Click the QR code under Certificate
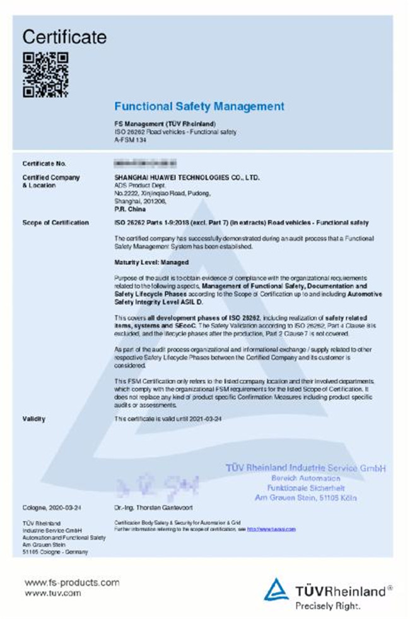pyautogui.click(x=45, y=75)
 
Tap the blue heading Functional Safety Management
pyautogui.click(x=199, y=106)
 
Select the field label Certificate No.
pyautogui.click(x=44, y=164)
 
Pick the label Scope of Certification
pyautogui.click(x=56, y=223)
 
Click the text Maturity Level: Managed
pyautogui.click(x=151, y=261)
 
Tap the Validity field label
pyautogui.click(x=33, y=419)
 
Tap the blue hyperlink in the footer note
pyautogui.click(x=271, y=529)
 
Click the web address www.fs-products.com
pyautogui.click(x=72, y=582)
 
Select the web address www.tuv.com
pyautogui.click(x=52, y=593)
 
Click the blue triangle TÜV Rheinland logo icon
pyautogui.click(x=276, y=589)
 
